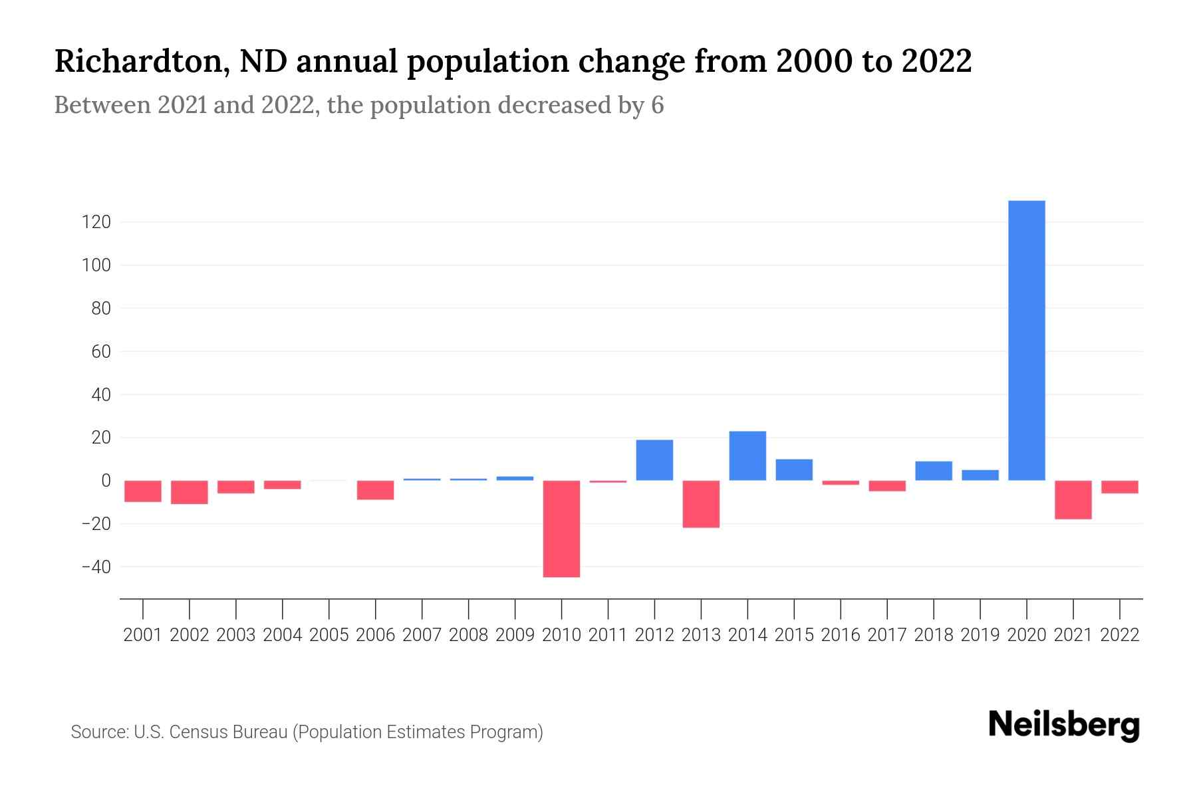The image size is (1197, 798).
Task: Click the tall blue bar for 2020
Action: tap(1027, 340)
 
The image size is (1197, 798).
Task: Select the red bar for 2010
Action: tap(561, 529)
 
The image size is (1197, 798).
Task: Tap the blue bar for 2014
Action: tap(747, 456)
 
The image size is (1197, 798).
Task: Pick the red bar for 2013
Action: tap(701, 504)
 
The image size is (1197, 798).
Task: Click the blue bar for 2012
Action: tap(654, 460)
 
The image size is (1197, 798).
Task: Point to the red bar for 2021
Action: tap(1073, 499)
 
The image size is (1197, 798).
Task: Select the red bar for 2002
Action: tap(190, 492)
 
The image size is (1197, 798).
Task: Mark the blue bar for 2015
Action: tap(794, 469)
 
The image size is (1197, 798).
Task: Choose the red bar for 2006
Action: tap(376, 490)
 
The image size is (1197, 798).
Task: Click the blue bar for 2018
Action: tap(934, 471)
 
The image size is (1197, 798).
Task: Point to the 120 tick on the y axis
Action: tap(96, 222)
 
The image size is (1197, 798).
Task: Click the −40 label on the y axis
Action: tap(96, 567)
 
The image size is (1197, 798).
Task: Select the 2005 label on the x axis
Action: tap(329, 635)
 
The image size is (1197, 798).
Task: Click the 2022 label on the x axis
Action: tap(1120, 635)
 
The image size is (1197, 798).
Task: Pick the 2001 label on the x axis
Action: tap(143, 635)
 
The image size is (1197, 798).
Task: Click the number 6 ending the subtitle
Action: tap(657, 106)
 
